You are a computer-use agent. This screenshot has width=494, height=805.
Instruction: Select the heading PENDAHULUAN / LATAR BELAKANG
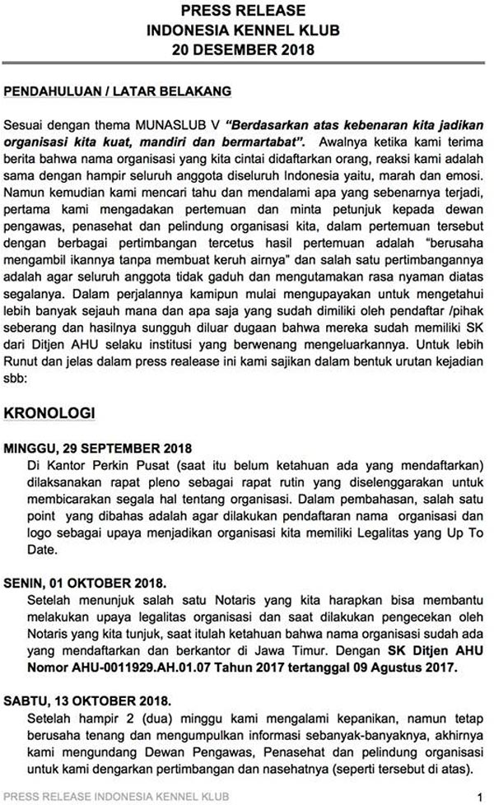click(118, 89)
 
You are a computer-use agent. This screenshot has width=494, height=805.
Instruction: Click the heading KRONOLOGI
click(62, 411)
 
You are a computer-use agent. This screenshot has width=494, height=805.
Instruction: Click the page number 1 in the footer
click(478, 796)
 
